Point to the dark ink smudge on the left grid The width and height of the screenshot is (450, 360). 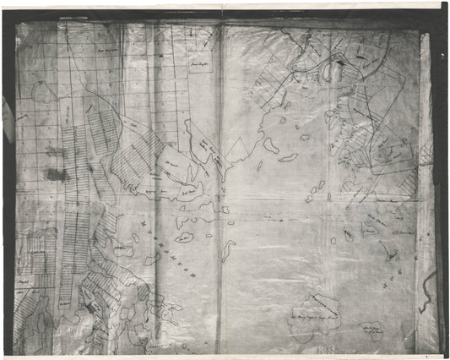(56, 174)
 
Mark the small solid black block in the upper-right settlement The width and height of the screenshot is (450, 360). (339, 61)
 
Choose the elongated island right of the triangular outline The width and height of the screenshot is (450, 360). (271, 145)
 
